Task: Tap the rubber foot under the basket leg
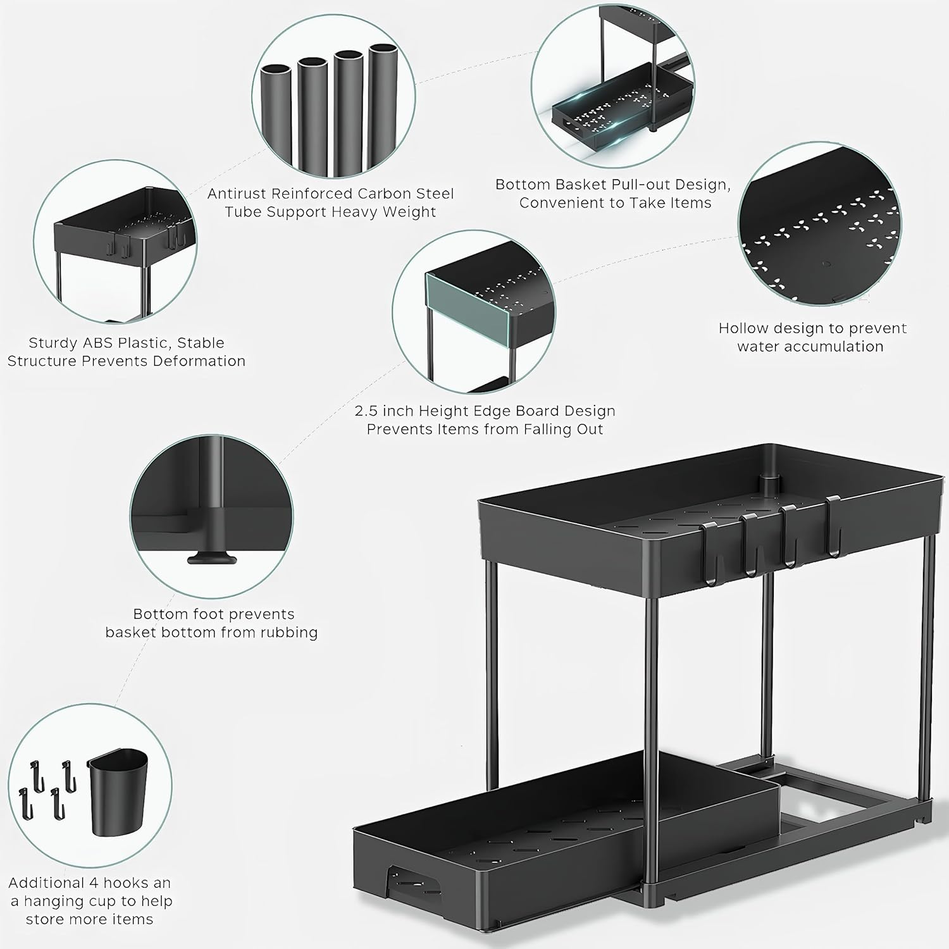pyautogui.click(x=211, y=559)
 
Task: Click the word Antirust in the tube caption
pyautogui.click(x=240, y=194)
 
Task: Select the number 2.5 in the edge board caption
pyautogui.click(x=366, y=411)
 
